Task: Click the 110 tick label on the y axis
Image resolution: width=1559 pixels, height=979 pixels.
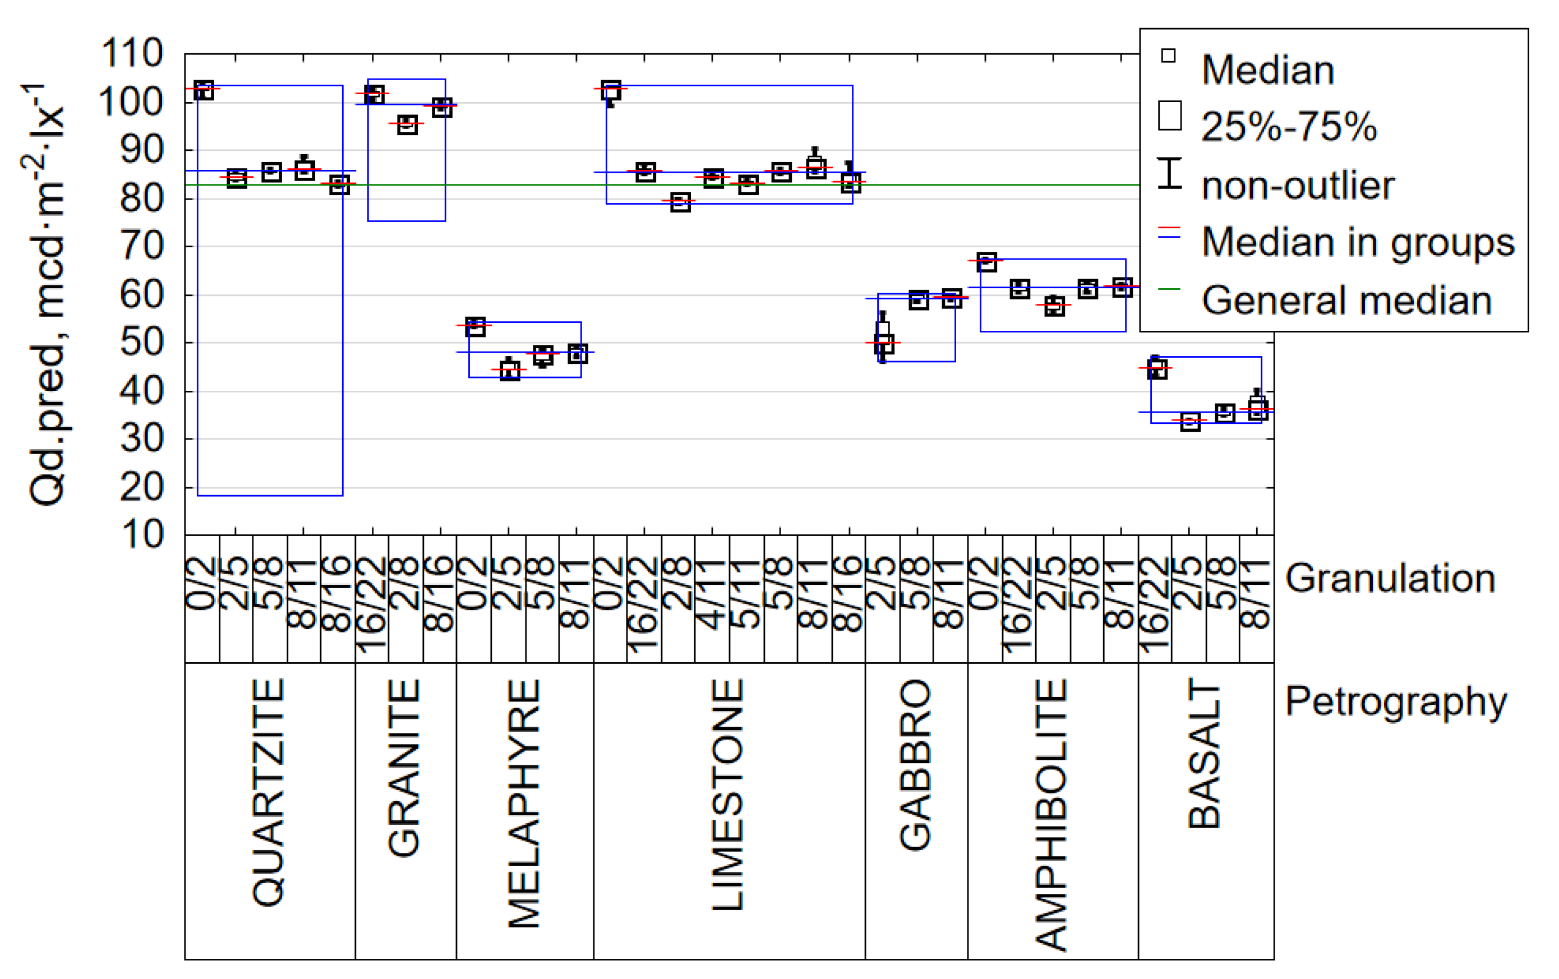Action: coord(132,53)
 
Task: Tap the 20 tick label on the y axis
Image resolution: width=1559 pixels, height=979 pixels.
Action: coord(141,488)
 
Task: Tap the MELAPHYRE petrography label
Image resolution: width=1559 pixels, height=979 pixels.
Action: coord(524,803)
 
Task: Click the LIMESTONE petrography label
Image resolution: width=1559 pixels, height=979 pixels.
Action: coord(728,795)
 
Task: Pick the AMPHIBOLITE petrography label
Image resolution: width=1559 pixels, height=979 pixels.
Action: coord(1051,815)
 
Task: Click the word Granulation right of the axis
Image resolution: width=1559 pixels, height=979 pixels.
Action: coord(1390,578)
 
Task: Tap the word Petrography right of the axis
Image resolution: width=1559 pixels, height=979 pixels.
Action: coord(1396,702)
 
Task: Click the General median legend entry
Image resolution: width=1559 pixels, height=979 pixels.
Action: coord(1346,301)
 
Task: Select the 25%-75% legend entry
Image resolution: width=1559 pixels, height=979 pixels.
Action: coord(1288,126)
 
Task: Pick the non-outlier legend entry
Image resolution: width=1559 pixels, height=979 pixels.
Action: coord(1298,186)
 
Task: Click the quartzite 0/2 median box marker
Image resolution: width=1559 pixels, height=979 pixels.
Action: coord(204,90)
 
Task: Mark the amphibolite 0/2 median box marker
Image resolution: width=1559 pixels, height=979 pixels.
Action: coord(986,262)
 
